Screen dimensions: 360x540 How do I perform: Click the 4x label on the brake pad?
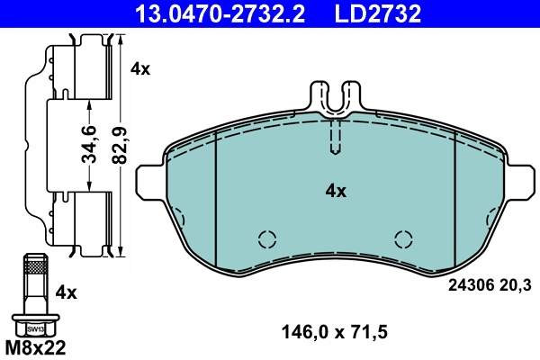[335, 191]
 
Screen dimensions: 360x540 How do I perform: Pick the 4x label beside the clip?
[140, 68]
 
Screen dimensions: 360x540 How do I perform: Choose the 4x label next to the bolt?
[66, 292]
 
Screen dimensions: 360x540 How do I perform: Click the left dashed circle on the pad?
[265, 238]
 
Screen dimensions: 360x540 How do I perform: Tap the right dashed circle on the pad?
[404, 238]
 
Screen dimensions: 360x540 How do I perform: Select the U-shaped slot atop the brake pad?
[335, 99]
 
